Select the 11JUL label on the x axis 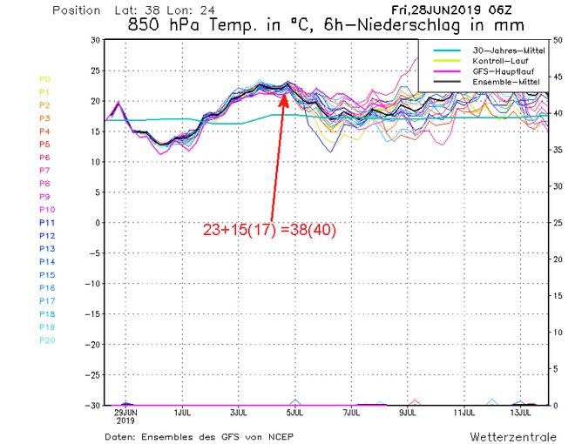tap(463, 412)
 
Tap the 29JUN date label tap(126, 412)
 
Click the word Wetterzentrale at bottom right tap(510, 434)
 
